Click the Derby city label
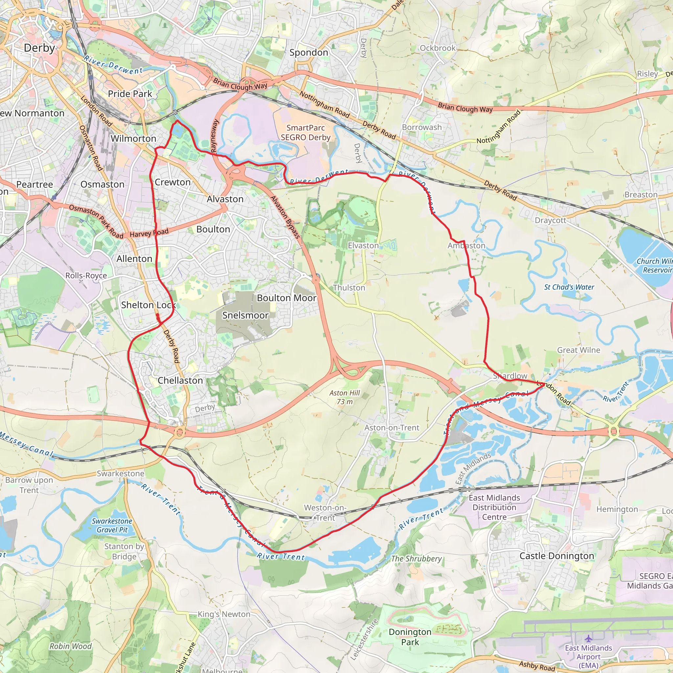tap(39, 48)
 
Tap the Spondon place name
tap(309, 53)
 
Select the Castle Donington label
tap(557, 556)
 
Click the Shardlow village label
tap(510, 376)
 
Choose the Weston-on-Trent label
tap(325, 513)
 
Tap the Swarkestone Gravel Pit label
tap(112, 525)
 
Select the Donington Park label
tap(410, 637)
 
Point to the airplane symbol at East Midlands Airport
tap(588, 638)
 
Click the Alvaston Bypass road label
tap(285, 217)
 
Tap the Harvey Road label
tap(149, 233)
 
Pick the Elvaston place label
tap(363, 245)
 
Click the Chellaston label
tap(180, 381)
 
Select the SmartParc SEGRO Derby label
tap(306, 133)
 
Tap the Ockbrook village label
tap(437, 48)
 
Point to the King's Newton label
tap(224, 614)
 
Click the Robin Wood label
tap(70, 646)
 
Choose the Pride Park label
tap(130, 94)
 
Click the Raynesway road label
tap(215, 136)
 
